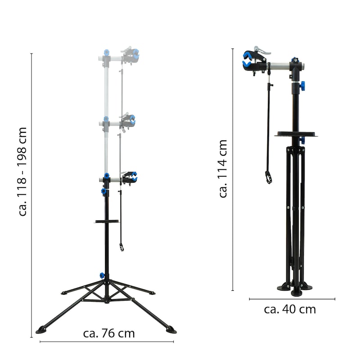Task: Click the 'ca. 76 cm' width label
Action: [x=109, y=333]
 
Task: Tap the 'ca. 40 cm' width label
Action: [x=290, y=309]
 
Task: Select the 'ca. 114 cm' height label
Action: [x=222, y=168]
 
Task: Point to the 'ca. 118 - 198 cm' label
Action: [x=22, y=171]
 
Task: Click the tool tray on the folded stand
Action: [x=296, y=134]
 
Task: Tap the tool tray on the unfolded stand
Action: [x=107, y=221]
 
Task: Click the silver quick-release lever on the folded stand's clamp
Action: [x=262, y=51]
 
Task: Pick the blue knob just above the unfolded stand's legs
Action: [x=102, y=275]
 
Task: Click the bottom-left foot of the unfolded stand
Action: [x=41, y=330]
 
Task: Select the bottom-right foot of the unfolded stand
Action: [x=171, y=330]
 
